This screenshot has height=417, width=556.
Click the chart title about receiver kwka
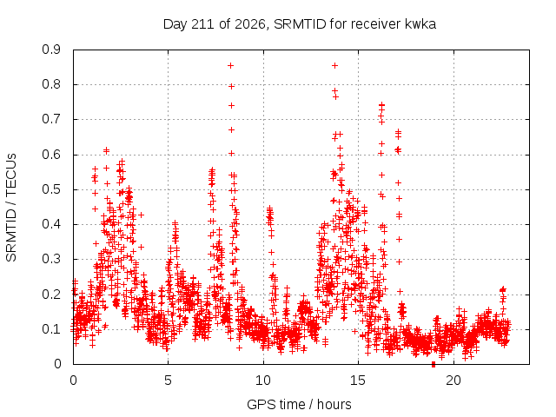[299, 24]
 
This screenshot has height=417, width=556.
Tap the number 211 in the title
[202, 24]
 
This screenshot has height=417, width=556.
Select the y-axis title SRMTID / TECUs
[11, 208]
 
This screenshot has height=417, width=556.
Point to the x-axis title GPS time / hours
[299, 404]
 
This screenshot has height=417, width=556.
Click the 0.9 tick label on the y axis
[51, 50]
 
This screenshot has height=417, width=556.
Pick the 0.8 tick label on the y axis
[51, 84]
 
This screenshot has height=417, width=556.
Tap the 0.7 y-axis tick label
[51, 119]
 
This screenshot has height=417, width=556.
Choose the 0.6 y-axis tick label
[51, 155]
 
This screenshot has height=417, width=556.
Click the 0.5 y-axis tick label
[51, 189]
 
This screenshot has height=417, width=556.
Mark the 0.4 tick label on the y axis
[51, 224]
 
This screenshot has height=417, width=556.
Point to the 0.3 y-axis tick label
[51, 259]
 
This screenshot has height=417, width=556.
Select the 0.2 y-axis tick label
[51, 294]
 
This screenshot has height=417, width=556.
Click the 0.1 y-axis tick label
[51, 328]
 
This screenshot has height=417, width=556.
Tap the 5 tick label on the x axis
[168, 381]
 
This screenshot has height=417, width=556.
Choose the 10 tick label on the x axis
[263, 381]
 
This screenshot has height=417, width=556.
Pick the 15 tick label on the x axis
[358, 381]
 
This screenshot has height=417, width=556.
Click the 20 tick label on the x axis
[453, 381]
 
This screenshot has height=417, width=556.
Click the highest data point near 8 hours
[230, 66]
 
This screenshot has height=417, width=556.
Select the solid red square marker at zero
[434, 364]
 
